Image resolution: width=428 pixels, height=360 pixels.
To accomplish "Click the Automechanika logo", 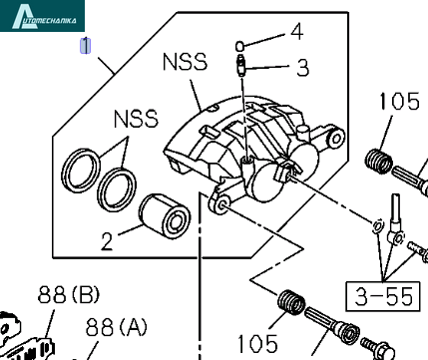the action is click(42, 16).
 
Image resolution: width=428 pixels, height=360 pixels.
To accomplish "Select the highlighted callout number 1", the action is click(86, 46).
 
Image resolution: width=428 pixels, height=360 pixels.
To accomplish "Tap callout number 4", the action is click(297, 32).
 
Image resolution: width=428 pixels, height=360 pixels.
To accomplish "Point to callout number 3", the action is click(302, 68).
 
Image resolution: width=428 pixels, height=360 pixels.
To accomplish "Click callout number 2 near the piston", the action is click(107, 241).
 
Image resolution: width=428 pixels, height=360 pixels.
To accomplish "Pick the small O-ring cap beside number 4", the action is click(239, 46).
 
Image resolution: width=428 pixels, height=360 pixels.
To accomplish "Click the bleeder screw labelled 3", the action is click(240, 65).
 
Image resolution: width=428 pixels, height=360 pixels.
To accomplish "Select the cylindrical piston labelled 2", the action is click(165, 216).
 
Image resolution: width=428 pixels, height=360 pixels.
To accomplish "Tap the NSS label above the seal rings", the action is click(136, 119).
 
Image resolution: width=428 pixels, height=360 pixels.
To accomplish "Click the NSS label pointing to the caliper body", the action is click(185, 62).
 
